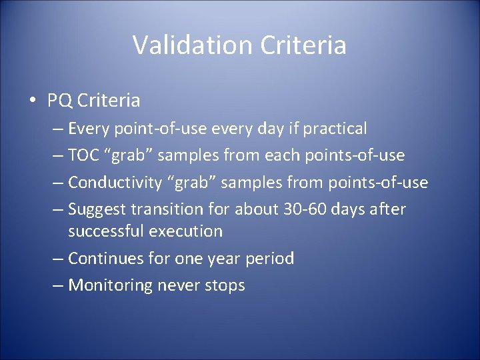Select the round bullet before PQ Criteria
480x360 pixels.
point(32,101)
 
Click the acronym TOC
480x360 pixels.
point(84,155)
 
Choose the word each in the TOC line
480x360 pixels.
point(283,155)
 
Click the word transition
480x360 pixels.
point(165,209)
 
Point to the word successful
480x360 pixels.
point(105,231)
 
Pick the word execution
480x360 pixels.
point(185,231)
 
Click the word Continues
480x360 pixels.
point(108,259)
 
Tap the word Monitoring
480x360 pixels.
point(111,285)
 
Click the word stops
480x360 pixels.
point(225,285)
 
